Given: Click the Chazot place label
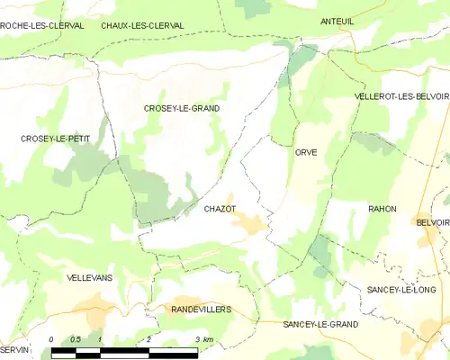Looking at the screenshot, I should (220, 209).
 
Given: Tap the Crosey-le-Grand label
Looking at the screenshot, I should (182, 108).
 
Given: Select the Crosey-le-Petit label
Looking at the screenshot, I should (55, 138).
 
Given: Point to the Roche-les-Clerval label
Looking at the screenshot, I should (42, 26).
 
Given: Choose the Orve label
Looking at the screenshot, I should (305, 153).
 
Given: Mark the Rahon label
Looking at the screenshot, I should (382, 209).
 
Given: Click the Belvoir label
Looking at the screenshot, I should (432, 221).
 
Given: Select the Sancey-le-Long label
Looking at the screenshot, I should (400, 290).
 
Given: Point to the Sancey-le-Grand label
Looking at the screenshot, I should (319, 324).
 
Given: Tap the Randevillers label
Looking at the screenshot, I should (201, 309).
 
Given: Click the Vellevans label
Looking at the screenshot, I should (90, 278).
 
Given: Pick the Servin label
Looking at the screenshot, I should (15, 349).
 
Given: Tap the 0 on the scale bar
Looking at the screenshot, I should (51, 339).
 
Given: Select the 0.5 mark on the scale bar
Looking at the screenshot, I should (76, 339).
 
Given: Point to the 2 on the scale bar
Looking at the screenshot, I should (148, 339).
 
